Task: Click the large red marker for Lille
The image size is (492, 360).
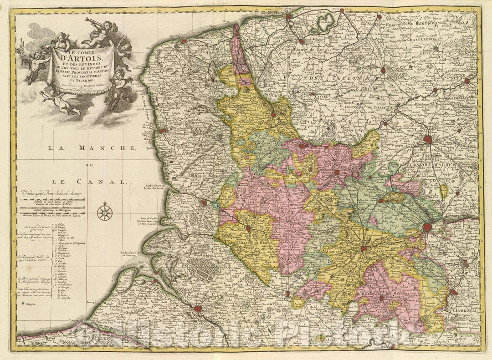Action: coord(428,140)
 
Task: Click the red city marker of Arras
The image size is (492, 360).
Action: coord(364,248)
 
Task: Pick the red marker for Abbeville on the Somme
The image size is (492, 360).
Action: coord(197,309)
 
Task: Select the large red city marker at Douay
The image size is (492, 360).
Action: coord(428,227)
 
